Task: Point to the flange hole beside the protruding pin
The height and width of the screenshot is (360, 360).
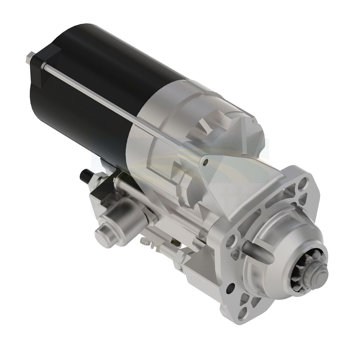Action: click(232, 232)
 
